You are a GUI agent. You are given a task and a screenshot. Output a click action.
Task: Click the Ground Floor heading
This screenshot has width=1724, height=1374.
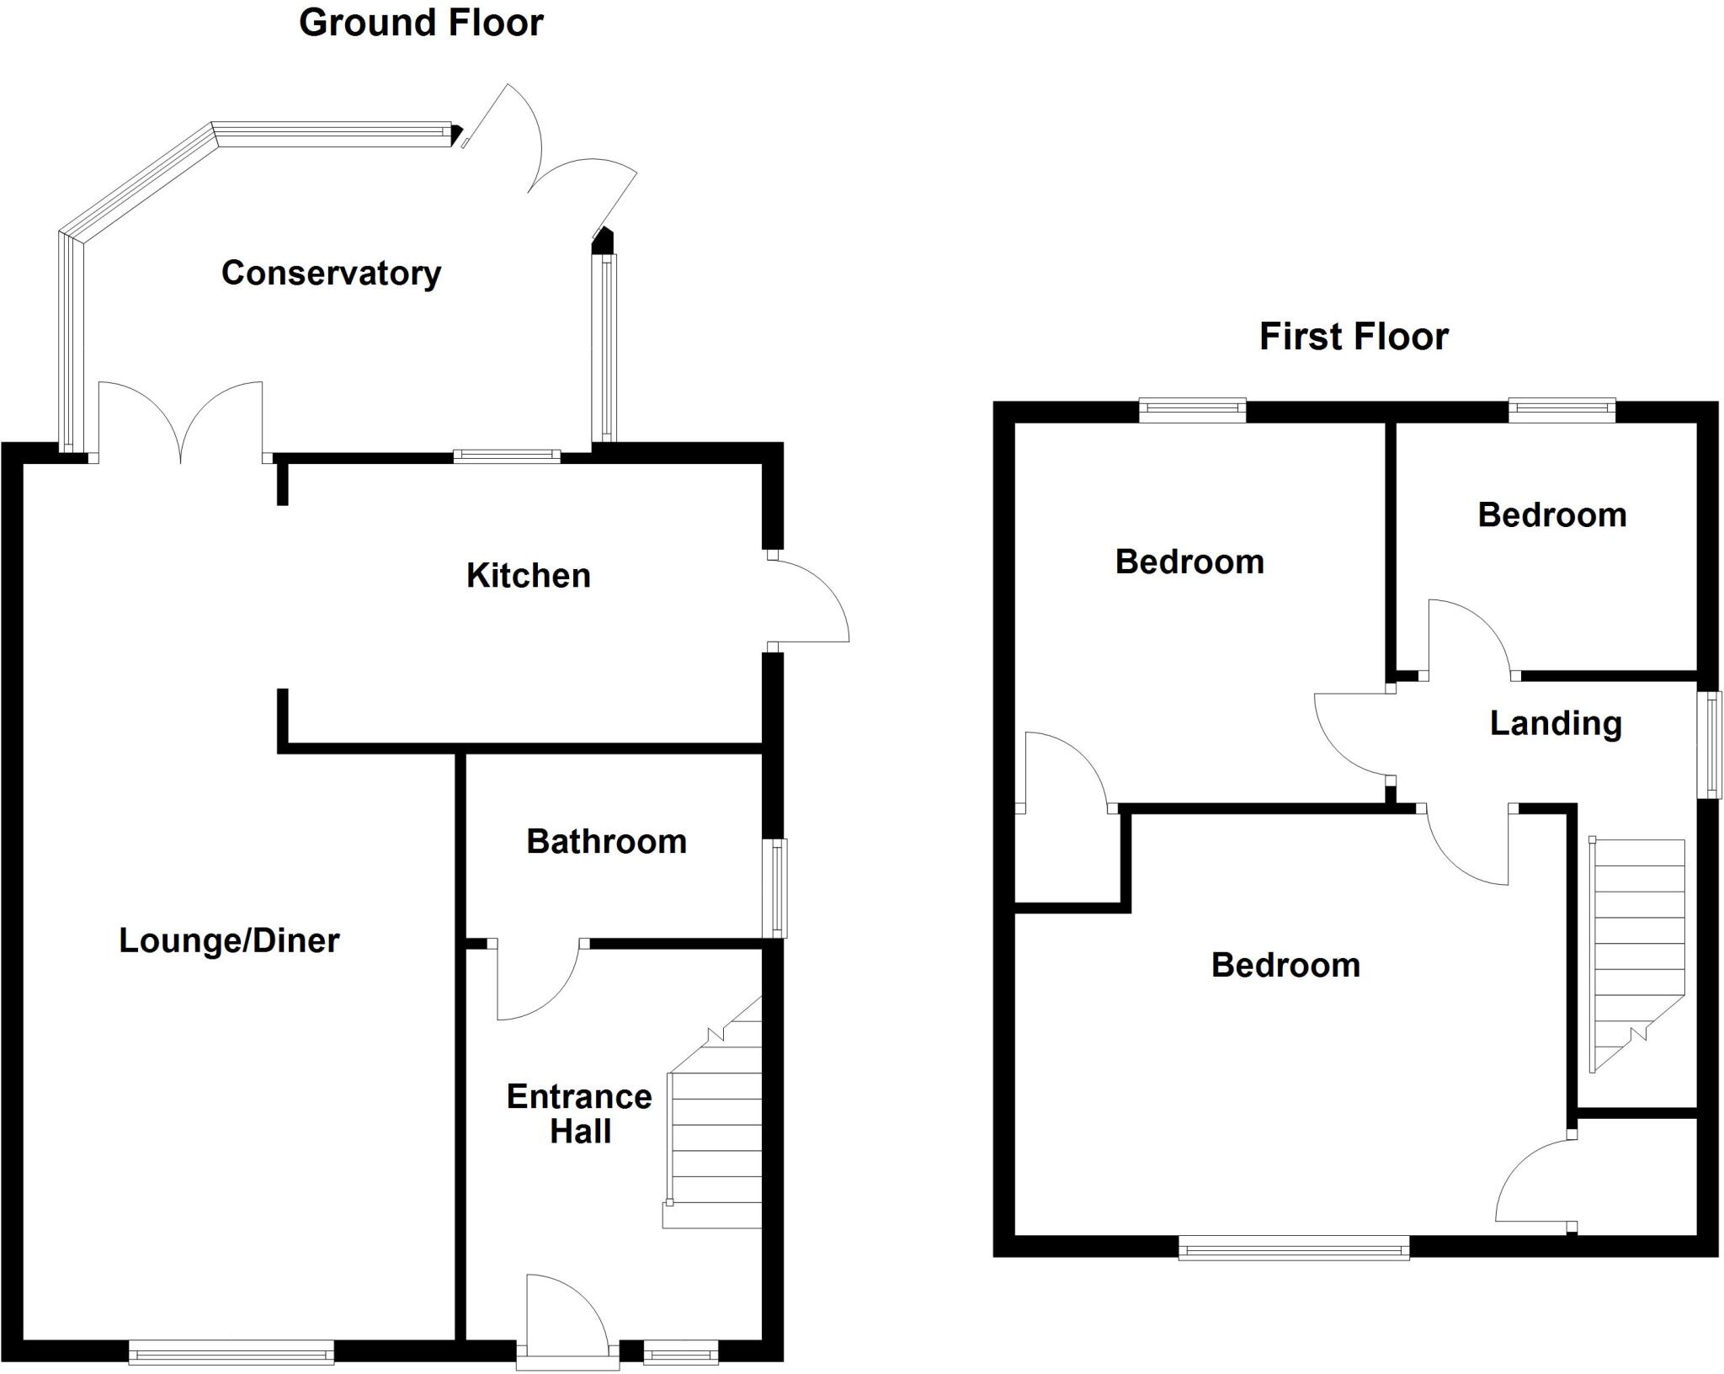pos(421,23)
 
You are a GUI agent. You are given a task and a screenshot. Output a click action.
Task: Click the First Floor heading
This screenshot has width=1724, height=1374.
pos(1354,337)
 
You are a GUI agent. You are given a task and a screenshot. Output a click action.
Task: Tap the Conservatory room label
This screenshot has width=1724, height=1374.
pos(331,273)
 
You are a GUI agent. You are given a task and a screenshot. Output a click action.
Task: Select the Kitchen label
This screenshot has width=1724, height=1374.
pos(529,576)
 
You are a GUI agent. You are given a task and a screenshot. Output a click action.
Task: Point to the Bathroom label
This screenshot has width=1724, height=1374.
pos(606,842)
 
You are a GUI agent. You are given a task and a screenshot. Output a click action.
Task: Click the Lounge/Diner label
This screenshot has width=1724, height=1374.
pos(229,940)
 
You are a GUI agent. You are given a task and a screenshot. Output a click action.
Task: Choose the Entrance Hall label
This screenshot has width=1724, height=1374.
pos(579,1114)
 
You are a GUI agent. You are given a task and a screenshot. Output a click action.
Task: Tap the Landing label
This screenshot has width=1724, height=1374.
pos(1556,723)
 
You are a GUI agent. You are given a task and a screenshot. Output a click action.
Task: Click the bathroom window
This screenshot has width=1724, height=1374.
pos(775,887)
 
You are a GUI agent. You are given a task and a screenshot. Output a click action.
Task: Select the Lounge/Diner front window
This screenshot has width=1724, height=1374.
pos(231,1353)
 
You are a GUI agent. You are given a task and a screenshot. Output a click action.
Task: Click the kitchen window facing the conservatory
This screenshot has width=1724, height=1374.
pos(507,455)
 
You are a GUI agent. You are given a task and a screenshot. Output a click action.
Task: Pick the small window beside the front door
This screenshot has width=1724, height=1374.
pos(681,1353)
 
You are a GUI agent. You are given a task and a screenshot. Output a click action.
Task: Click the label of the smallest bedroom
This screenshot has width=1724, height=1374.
pos(1551,515)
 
